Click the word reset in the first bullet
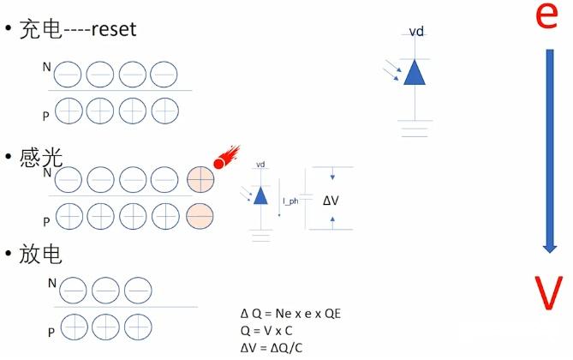[x=109, y=29]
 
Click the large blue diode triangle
[x=415, y=73]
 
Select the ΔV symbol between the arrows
[x=331, y=201]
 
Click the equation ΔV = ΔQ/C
[x=272, y=346]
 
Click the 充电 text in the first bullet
[x=39, y=29]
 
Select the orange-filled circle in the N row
[x=200, y=179]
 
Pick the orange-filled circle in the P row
[x=200, y=215]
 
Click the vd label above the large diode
[x=416, y=32]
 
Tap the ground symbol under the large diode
[x=415, y=129]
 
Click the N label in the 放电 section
[x=52, y=281]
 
